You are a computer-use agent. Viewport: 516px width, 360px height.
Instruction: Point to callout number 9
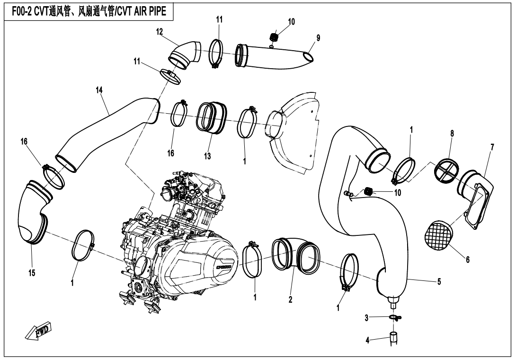click(x=318, y=38)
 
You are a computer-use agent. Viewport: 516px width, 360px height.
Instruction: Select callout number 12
click(x=160, y=32)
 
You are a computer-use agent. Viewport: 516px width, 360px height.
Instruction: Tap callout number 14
click(x=99, y=90)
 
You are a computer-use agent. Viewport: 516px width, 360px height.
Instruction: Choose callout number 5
click(x=439, y=282)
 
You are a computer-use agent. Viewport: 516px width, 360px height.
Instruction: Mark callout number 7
click(x=492, y=147)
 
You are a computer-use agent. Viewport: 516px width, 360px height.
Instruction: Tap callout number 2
click(x=290, y=299)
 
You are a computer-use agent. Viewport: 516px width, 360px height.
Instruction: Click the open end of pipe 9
click(x=307, y=57)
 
